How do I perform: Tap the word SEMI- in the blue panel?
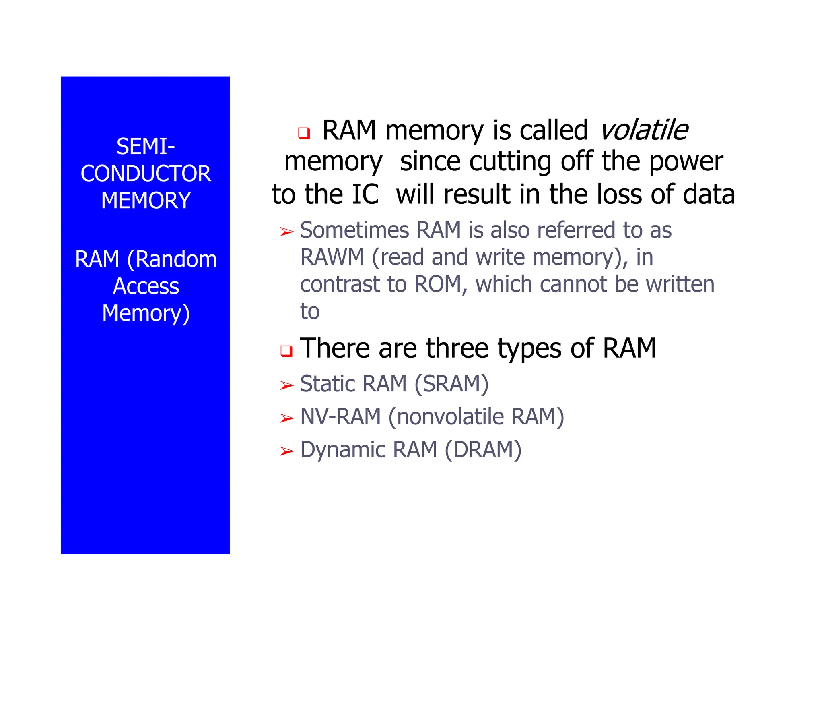146,147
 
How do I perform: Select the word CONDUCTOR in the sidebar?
146,174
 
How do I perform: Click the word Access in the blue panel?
146,286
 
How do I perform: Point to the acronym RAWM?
332,257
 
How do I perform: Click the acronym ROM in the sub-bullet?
438,284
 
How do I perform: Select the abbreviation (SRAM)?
451,384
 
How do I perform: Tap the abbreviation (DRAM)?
483,450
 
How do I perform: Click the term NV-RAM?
340,417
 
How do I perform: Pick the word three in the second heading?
457,348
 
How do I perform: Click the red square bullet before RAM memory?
304,132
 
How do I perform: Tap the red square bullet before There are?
286,351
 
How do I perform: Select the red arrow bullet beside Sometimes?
287,232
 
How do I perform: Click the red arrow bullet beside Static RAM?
287,385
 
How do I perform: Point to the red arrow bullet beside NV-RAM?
287,418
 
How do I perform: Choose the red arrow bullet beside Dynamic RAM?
287,451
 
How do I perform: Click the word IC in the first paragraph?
365,194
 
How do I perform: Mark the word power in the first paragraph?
686,162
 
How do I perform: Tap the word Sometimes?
354,230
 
